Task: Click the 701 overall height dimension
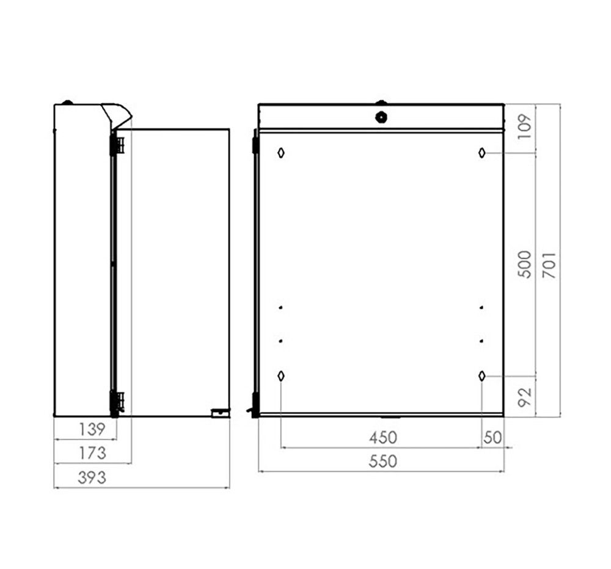click(549, 264)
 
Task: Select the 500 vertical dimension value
click(524, 264)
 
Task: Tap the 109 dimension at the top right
click(524, 128)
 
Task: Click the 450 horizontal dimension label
click(382, 438)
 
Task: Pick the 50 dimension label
click(492, 438)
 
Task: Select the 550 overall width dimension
click(382, 462)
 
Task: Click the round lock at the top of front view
click(381, 116)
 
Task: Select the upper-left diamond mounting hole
click(280, 153)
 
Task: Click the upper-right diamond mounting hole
click(482, 153)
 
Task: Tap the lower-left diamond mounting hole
click(280, 376)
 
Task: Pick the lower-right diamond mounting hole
click(482, 376)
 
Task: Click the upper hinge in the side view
click(116, 145)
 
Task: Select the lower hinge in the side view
click(116, 402)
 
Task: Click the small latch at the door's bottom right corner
click(219, 413)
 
